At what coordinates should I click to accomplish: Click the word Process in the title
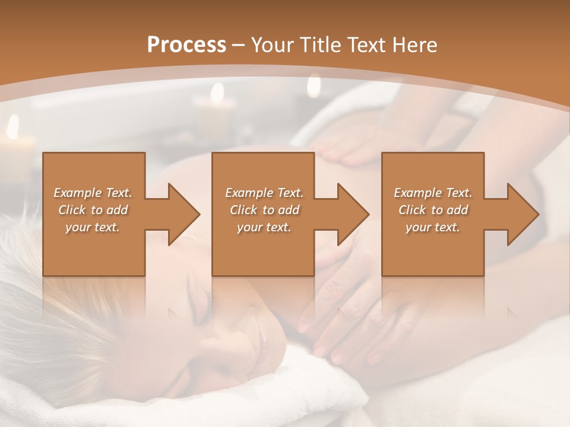pos(186,44)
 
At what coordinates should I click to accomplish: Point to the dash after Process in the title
pos(238,46)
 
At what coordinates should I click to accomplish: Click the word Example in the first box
pos(78,193)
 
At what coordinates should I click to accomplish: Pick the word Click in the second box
pos(243,210)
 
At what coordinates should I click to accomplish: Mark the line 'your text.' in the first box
pos(93,227)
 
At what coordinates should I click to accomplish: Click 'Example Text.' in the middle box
pos(264,193)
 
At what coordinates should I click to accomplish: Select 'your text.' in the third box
pos(433,227)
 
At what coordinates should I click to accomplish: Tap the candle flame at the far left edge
pos(12,126)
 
